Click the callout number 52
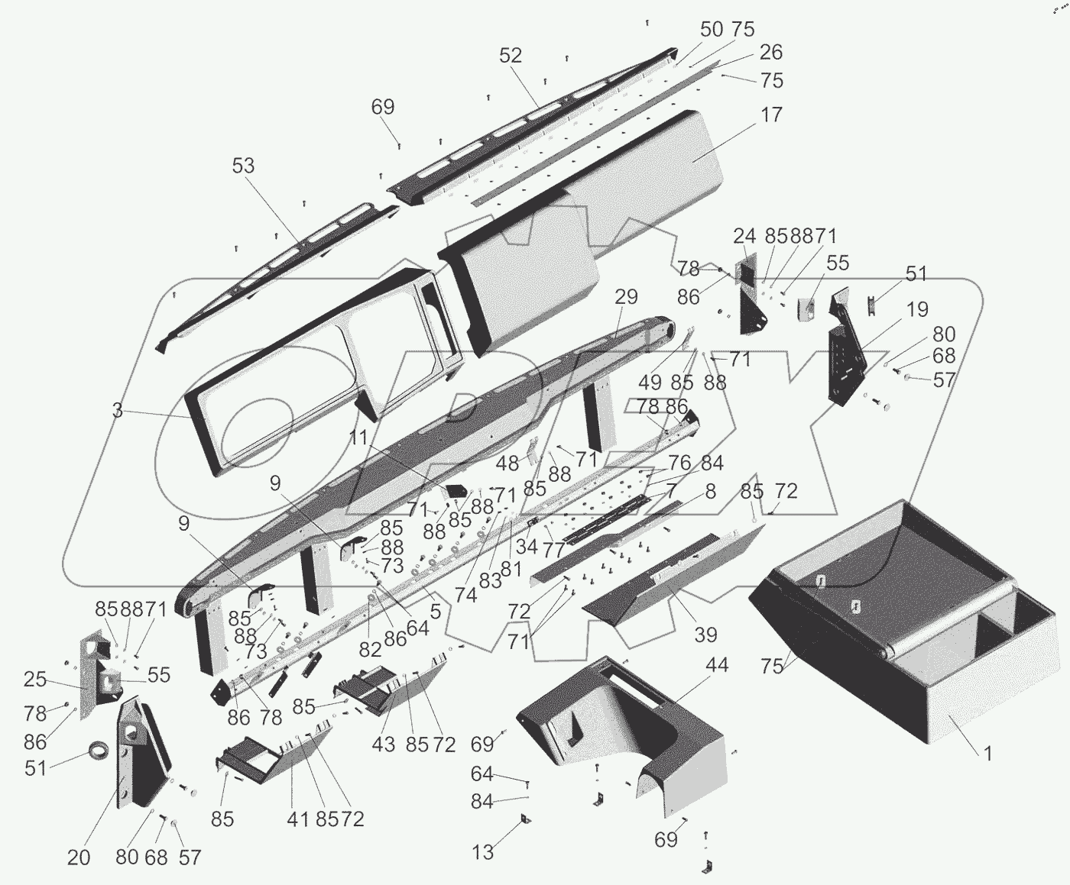511,55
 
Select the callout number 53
243,166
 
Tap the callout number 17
772,115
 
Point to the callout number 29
625,297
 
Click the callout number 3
117,411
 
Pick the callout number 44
717,665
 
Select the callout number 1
987,754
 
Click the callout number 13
483,851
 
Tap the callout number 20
79,858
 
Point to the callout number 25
35,680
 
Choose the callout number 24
744,235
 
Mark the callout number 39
705,635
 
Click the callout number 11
360,438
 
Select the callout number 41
297,819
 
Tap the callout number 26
771,52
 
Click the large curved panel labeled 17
581,206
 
